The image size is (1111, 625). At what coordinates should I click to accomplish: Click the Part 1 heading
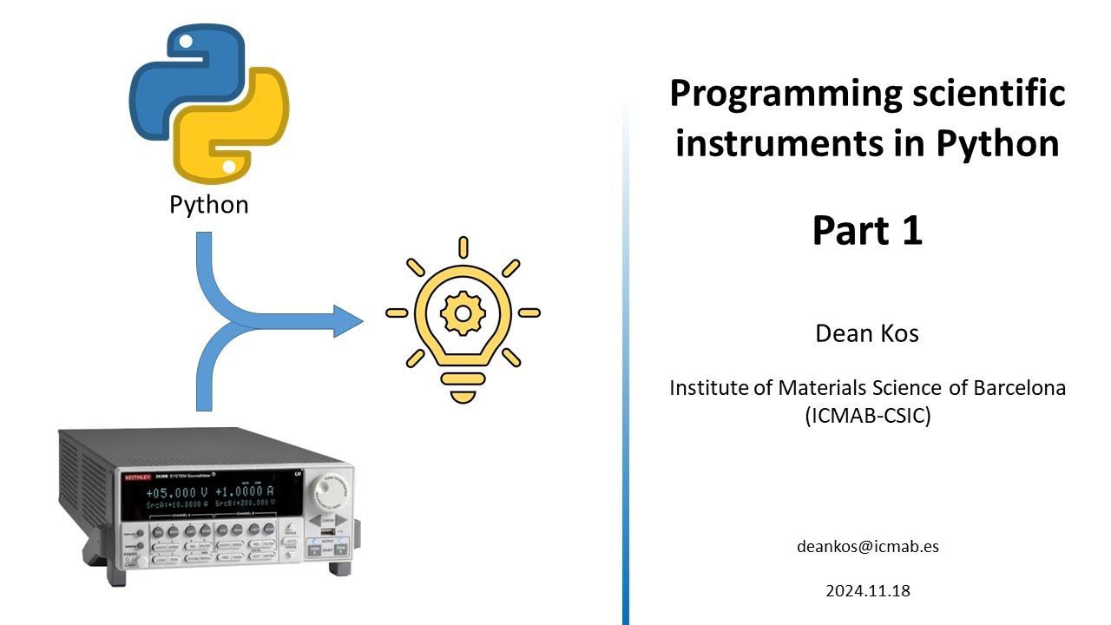pos(866,231)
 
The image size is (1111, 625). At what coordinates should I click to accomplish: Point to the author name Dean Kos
pos(866,333)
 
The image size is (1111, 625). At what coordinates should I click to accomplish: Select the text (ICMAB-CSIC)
pos(867,416)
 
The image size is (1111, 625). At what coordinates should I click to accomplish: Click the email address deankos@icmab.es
pos(867,547)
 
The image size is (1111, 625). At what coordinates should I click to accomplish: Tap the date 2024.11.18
pos(867,591)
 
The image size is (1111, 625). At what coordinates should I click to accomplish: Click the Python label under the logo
pos(208,205)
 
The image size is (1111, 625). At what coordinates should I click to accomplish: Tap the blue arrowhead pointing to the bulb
pos(346,320)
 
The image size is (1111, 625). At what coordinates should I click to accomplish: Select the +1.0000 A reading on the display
pos(245,491)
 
